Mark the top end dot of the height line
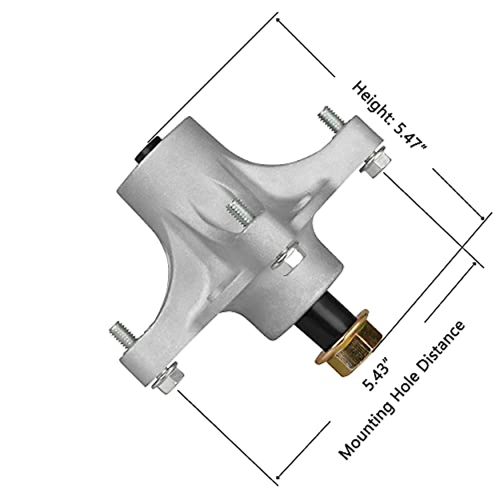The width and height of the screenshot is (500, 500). pyautogui.click(x=277, y=19)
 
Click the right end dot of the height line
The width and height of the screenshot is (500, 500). pyautogui.click(x=483, y=218)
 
